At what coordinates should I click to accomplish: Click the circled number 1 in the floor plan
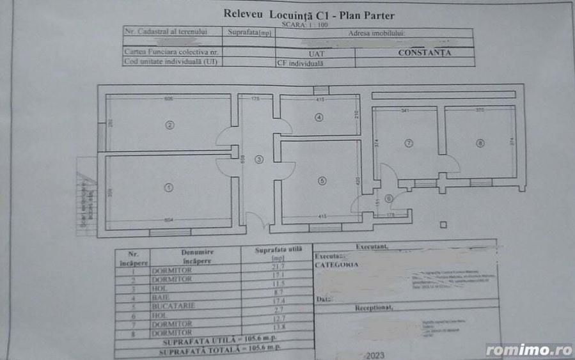[168, 187]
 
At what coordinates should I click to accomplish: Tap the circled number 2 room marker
[169, 125]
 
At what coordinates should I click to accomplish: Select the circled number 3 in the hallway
[258, 159]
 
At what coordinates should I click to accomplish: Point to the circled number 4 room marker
[319, 117]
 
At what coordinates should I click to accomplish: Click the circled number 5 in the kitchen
[322, 181]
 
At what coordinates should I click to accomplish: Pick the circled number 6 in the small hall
[389, 198]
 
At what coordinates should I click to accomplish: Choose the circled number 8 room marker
[480, 143]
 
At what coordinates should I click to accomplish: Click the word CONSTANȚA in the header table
[424, 53]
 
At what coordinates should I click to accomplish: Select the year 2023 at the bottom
[376, 353]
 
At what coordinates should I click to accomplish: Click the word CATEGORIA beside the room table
[337, 263]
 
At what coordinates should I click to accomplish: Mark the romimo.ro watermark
[528, 350]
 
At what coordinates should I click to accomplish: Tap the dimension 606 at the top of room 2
[169, 99]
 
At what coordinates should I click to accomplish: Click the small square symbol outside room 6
[443, 224]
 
